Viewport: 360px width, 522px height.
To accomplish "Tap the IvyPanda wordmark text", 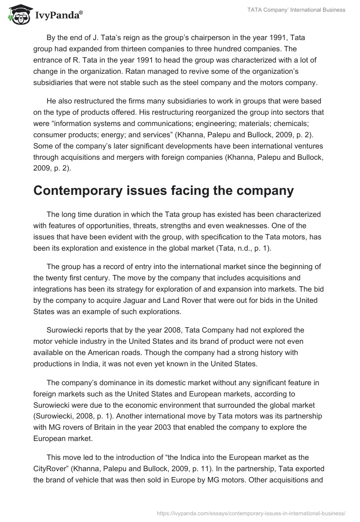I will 58,17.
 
